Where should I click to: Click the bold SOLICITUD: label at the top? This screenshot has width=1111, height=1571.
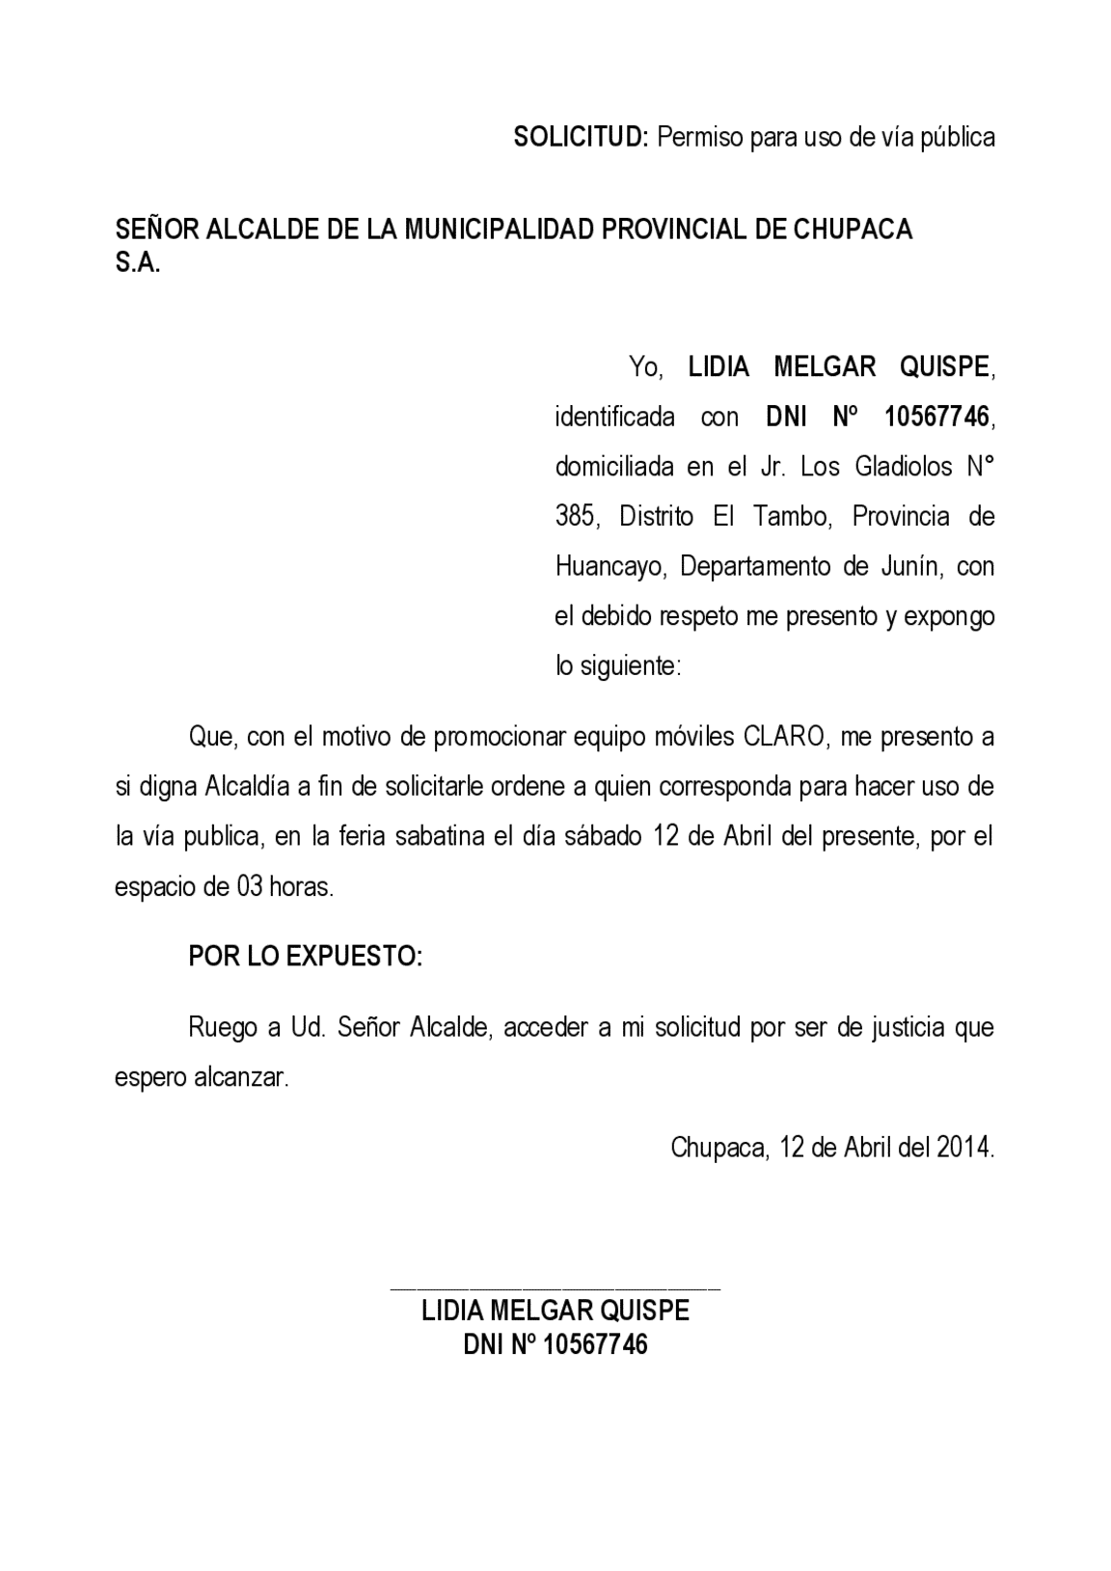(582, 137)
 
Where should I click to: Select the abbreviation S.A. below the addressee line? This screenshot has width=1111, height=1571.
(138, 263)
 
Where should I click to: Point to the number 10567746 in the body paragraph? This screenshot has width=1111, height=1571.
(936, 417)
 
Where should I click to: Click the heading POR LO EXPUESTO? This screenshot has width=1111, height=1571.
(305, 957)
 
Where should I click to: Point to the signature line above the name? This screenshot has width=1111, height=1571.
(555, 1288)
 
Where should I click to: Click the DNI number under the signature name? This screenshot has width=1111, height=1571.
(595, 1344)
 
